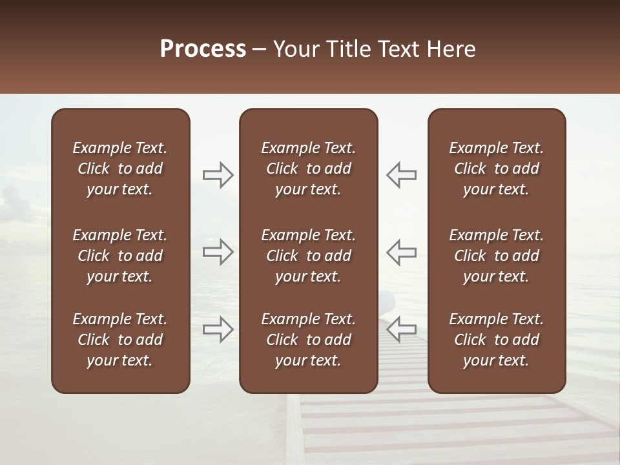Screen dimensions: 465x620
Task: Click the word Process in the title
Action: click(x=203, y=49)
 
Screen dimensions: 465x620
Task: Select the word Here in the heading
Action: click(x=451, y=49)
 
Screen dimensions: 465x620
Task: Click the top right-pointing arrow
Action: click(x=218, y=175)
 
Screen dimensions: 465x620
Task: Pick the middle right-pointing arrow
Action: click(x=218, y=252)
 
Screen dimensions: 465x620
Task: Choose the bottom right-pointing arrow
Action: click(x=218, y=329)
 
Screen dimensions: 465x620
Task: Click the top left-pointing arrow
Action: click(x=401, y=175)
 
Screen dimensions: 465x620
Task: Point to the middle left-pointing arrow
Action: click(x=401, y=252)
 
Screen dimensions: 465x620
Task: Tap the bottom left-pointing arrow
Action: click(x=401, y=329)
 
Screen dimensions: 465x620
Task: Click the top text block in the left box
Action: click(x=120, y=169)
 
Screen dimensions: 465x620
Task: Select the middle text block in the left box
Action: click(x=120, y=256)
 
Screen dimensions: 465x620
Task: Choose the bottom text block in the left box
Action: click(x=120, y=340)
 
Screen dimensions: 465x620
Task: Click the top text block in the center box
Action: click(x=308, y=169)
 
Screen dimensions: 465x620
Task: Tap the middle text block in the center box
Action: click(x=308, y=256)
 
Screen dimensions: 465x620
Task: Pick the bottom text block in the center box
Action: click(x=308, y=340)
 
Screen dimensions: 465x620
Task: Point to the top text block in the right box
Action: click(x=496, y=169)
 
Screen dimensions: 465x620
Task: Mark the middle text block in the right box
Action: click(x=496, y=256)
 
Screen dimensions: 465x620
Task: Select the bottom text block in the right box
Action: click(x=496, y=340)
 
